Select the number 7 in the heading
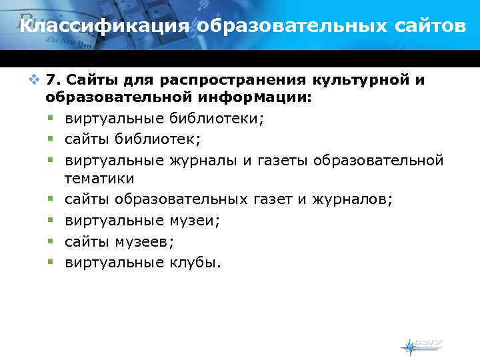point(52,81)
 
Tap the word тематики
point(99,178)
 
